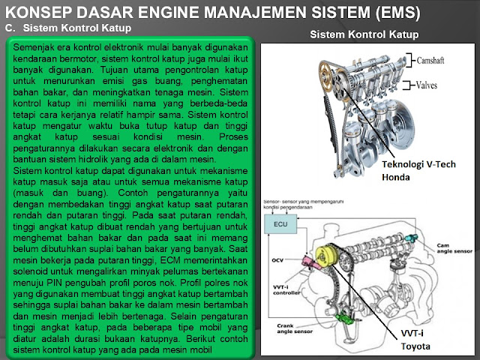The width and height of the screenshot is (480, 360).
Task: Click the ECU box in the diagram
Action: [x=280, y=223]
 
